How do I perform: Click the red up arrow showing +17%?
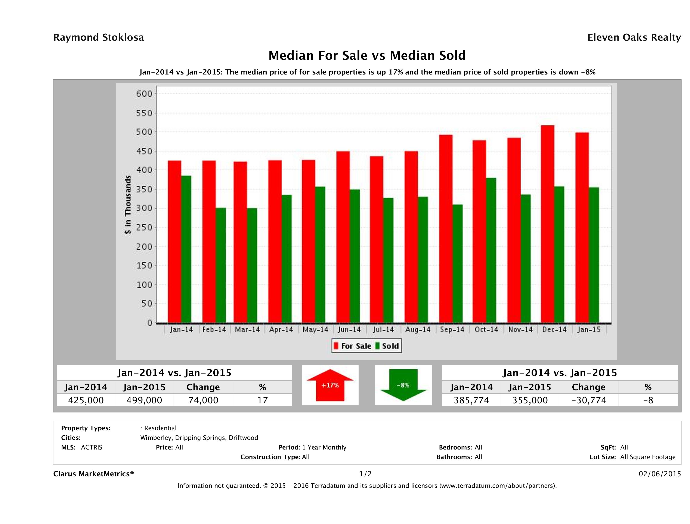point(330,385)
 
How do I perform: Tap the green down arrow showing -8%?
point(403,385)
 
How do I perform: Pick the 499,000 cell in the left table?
point(144,400)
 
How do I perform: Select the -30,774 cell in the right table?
point(589,400)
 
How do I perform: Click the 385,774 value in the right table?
point(471,400)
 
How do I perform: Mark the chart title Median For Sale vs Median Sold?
point(367,56)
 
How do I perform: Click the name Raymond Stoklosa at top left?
point(99,37)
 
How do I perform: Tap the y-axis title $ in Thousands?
point(128,205)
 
